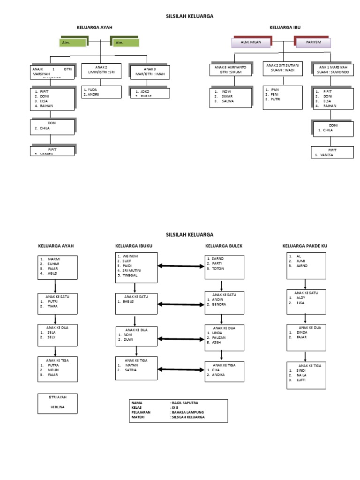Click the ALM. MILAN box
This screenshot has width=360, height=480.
(x=250, y=43)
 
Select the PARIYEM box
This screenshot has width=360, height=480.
(x=313, y=43)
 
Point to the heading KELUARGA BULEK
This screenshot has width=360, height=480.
(x=223, y=246)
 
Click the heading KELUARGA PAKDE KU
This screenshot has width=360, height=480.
(x=305, y=246)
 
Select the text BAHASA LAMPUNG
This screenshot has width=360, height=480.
(x=187, y=412)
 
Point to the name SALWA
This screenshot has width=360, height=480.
(x=228, y=101)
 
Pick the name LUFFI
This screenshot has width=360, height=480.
(x=300, y=380)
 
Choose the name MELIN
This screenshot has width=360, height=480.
(x=52, y=370)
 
